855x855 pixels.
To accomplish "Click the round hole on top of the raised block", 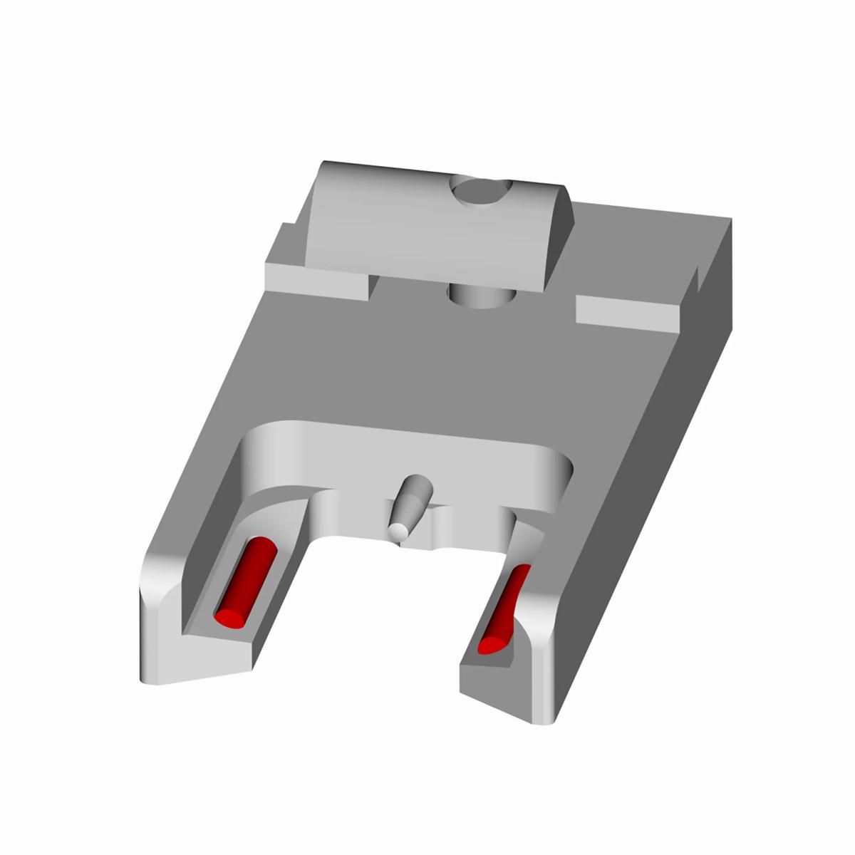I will click(482, 191).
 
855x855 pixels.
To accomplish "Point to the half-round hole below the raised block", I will click(481, 296).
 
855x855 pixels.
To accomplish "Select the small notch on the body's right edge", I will click(695, 281).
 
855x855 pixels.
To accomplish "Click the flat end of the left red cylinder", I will click(229, 617).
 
